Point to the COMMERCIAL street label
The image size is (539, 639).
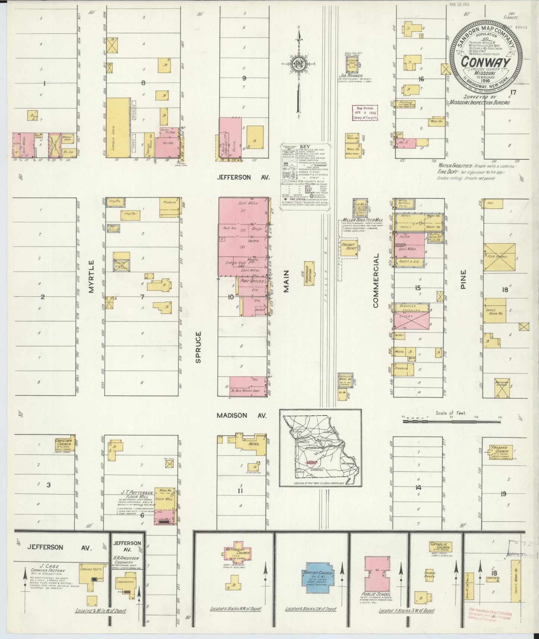click(375, 280)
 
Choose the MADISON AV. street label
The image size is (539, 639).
click(242, 415)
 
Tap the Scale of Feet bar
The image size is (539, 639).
click(451, 421)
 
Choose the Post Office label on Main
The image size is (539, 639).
click(253, 281)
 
